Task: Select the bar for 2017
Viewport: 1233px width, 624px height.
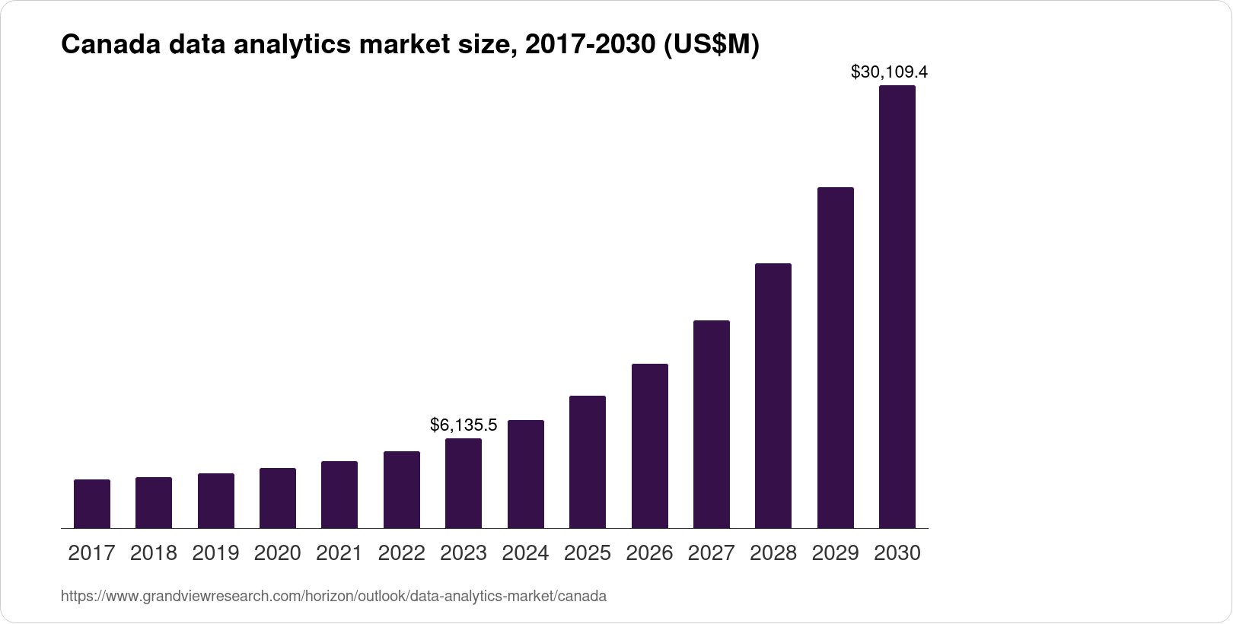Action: pyautogui.click(x=92, y=504)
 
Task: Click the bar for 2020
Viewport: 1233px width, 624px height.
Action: pyautogui.click(x=278, y=498)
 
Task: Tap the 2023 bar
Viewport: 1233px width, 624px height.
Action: pyautogui.click(x=464, y=483)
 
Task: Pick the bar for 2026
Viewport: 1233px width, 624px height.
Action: pyautogui.click(x=650, y=446)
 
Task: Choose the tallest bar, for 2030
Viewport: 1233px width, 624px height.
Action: pyautogui.click(x=897, y=307)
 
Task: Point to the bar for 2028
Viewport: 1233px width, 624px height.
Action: pyautogui.click(x=773, y=396)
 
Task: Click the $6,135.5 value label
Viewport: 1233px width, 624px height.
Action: pyautogui.click(x=464, y=425)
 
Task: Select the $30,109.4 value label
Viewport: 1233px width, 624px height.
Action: pyautogui.click(x=889, y=72)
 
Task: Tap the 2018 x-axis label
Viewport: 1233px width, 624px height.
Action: pyautogui.click(x=154, y=553)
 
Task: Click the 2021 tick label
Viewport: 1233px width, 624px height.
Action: pyautogui.click(x=339, y=553)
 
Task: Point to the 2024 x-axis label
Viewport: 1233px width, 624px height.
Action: pyautogui.click(x=526, y=553)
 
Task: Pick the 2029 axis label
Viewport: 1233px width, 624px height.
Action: pyautogui.click(x=836, y=553)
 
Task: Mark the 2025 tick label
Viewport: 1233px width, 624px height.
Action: pyautogui.click(x=588, y=553)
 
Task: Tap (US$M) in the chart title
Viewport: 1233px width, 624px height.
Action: pyautogui.click(x=712, y=46)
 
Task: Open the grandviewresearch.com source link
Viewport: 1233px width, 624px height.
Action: pyautogui.click(x=333, y=597)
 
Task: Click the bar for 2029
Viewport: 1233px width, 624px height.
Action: pyautogui.click(x=836, y=358)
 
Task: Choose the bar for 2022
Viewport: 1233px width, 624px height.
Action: pyautogui.click(x=402, y=489)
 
